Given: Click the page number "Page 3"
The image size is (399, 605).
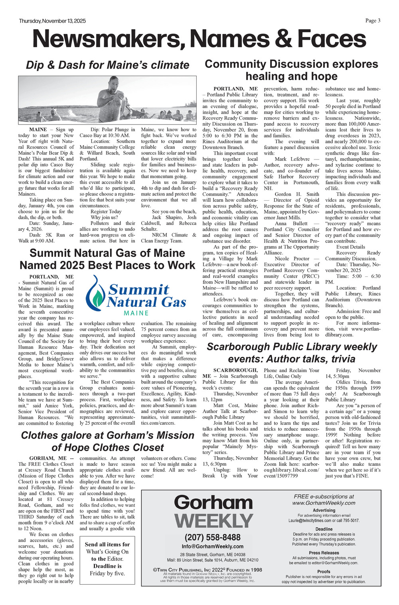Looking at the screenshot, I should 373,21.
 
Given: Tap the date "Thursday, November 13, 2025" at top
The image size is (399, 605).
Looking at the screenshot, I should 52,21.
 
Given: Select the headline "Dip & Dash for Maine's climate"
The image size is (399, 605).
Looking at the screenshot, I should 107,65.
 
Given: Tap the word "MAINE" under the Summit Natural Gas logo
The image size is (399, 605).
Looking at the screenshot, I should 136,313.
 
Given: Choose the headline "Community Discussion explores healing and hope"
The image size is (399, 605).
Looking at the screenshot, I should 291,70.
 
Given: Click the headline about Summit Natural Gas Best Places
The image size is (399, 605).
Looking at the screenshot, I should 107,259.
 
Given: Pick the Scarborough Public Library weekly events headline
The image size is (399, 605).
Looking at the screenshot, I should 292,353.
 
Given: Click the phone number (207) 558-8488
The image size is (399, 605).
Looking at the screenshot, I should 213,537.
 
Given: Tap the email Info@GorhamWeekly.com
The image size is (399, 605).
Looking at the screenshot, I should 213,546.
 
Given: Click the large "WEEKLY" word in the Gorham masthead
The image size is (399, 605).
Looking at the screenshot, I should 214,521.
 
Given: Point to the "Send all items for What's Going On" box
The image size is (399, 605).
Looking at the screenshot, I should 107,559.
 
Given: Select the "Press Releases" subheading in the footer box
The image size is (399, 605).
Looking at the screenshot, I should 324,553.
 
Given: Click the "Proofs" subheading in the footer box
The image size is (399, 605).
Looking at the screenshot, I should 324,571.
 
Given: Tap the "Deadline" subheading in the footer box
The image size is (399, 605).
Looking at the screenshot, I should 324,529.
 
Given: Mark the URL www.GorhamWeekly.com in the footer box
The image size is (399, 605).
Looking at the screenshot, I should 324,503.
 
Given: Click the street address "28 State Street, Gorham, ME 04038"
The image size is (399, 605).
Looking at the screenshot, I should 213,554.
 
